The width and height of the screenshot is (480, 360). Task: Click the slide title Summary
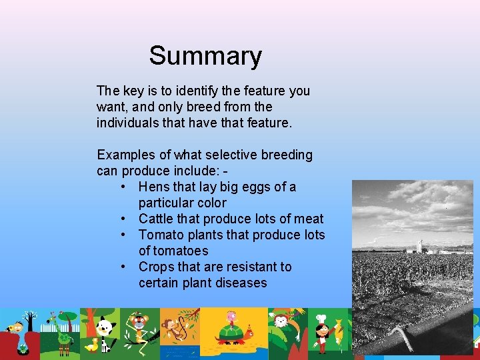pyautogui.click(x=205, y=56)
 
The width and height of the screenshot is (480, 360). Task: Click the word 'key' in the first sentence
pyautogui.click(x=132, y=91)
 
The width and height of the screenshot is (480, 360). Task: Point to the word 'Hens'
pyautogui.click(x=153, y=187)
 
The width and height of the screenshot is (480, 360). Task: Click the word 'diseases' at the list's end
pyautogui.click(x=241, y=283)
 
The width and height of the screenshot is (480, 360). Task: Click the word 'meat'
pyautogui.click(x=309, y=219)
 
